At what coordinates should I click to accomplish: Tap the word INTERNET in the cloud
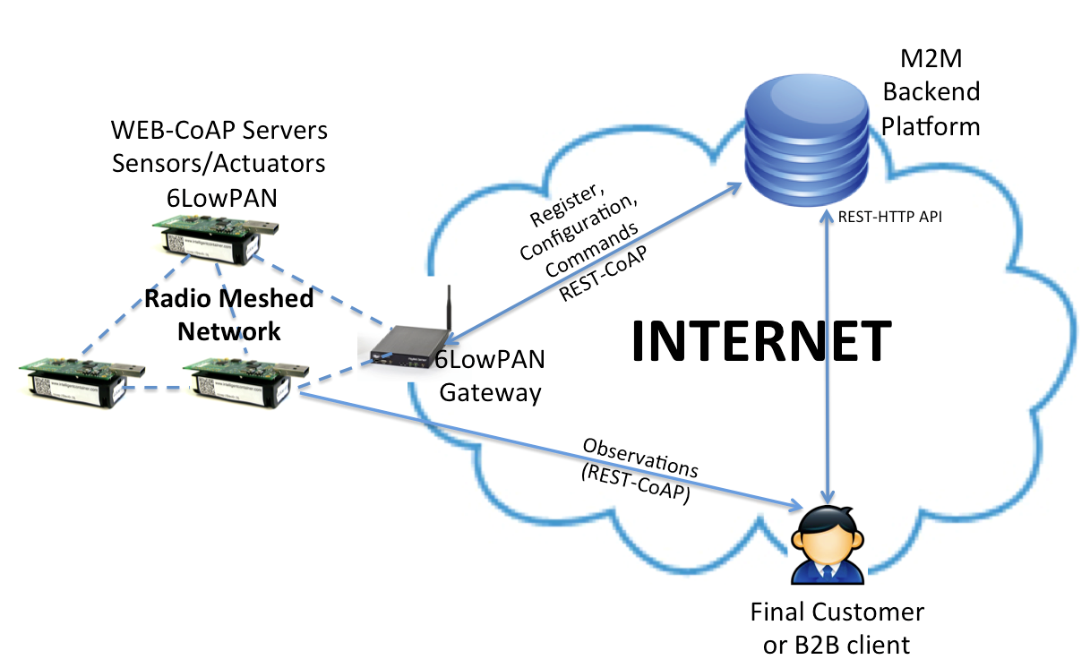click(x=762, y=340)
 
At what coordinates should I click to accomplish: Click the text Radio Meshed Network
click(x=229, y=314)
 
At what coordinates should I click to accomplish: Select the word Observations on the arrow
click(x=639, y=458)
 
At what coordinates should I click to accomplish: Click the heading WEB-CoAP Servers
click(x=219, y=131)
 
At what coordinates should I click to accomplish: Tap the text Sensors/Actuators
click(x=219, y=163)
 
